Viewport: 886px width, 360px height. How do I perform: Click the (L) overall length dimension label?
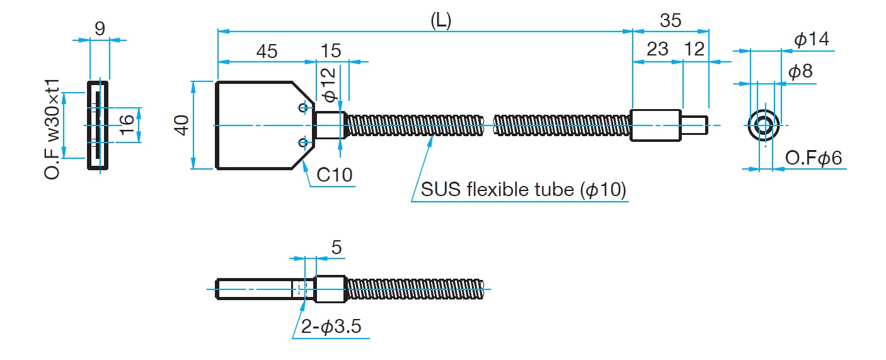point(440,20)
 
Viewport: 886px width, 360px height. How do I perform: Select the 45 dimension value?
point(267,52)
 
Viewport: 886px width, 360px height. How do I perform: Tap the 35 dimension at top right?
point(670,20)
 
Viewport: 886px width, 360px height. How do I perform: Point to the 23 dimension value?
point(657,50)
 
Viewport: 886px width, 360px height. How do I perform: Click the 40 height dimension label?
point(182,125)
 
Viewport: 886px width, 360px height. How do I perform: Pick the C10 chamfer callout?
point(334,175)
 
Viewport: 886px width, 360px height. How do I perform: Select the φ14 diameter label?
point(811,40)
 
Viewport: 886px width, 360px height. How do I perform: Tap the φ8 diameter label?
point(800,71)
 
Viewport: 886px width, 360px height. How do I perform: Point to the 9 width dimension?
point(100,29)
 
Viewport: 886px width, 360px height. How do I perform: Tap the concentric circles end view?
point(762,125)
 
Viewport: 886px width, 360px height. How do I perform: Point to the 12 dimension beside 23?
point(694,50)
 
